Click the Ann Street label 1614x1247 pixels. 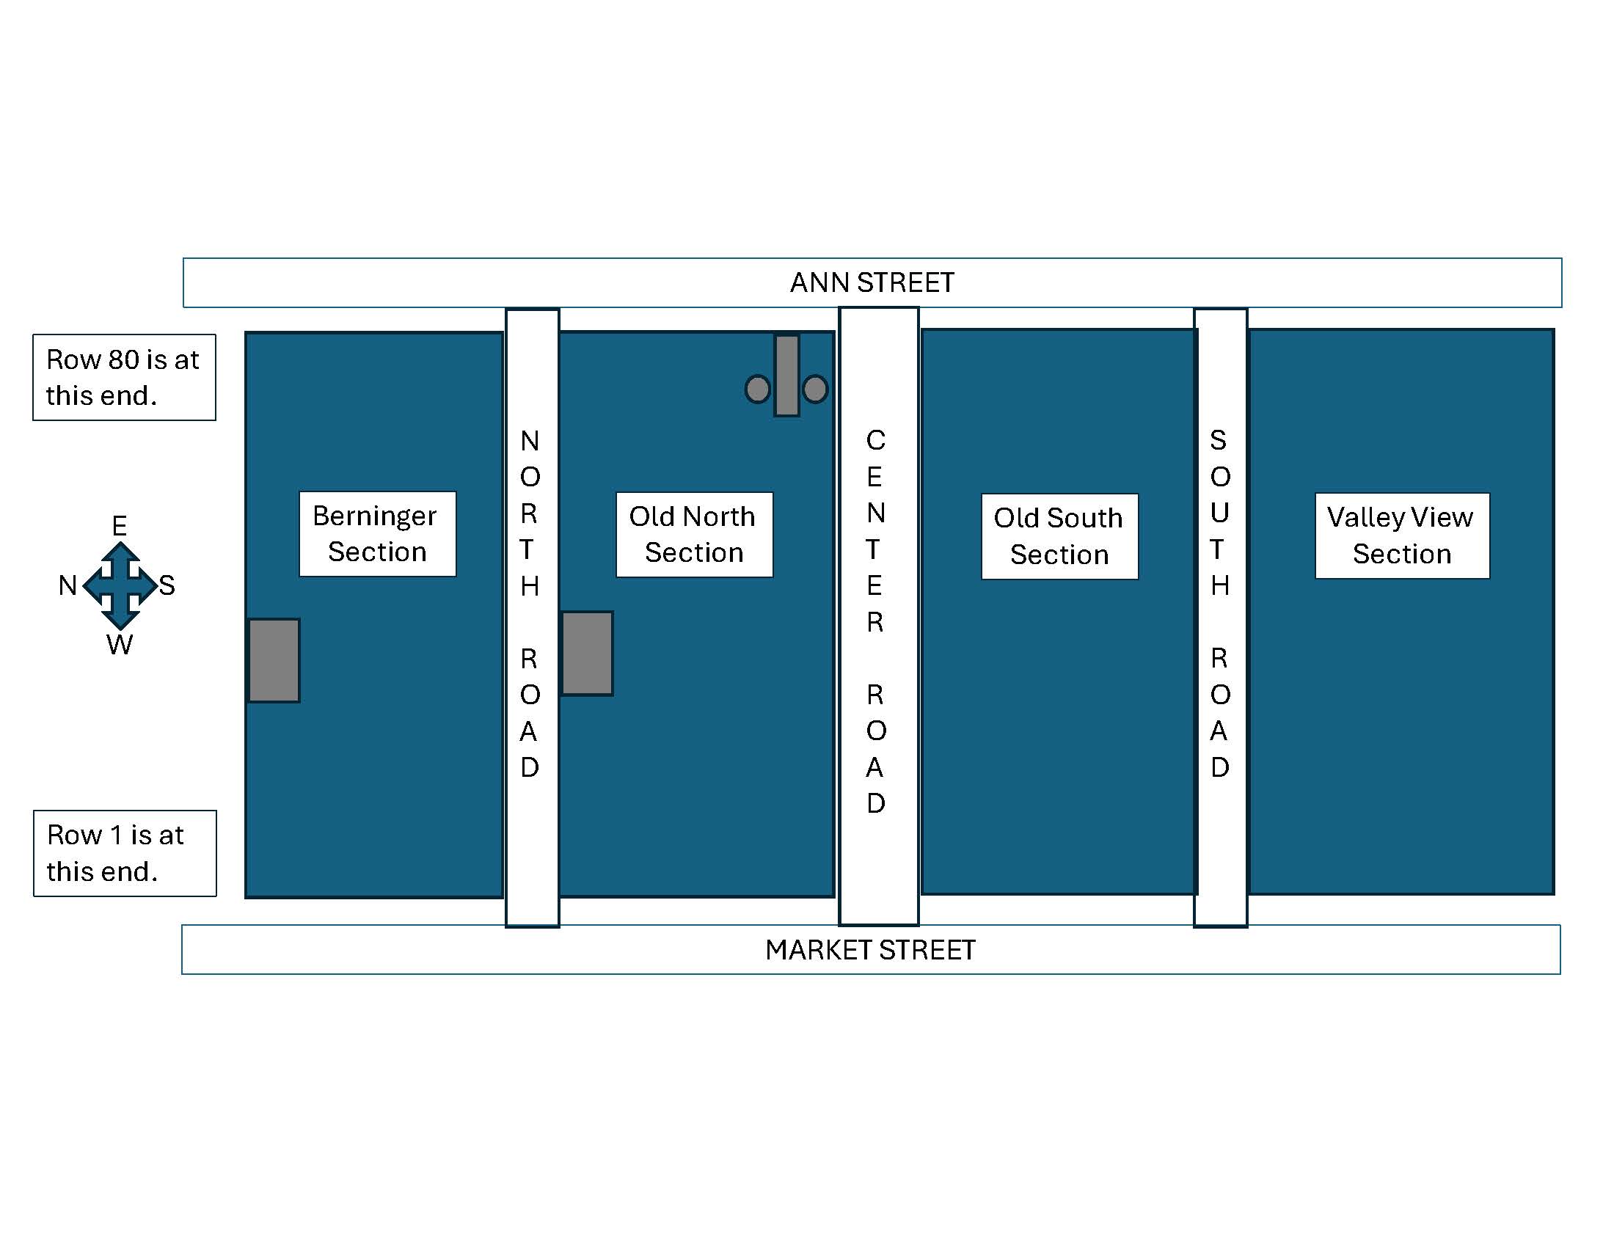[872, 282]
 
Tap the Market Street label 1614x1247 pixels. [870, 950]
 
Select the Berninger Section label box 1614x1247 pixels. [377, 533]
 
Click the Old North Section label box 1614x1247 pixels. [694, 534]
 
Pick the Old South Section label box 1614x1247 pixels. [1059, 536]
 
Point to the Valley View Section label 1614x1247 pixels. [1402, 535]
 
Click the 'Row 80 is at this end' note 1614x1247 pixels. [124, 378]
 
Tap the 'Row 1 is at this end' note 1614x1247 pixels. [125, 853]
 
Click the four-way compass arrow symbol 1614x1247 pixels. [120, 586]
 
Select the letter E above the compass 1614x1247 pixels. [119, 526]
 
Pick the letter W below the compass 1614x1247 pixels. [119, 645]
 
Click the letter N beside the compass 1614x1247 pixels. [68, 586]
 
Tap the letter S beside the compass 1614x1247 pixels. [167, 586]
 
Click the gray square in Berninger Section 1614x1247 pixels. [274, 660]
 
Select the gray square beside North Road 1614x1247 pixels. [588, 653]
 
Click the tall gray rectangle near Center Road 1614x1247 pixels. [787, 376]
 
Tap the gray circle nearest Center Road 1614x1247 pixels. [815, 390]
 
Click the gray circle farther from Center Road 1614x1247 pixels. [758, 390]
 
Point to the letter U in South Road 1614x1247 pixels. [1220, 513]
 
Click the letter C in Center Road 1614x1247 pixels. [876, 440]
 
